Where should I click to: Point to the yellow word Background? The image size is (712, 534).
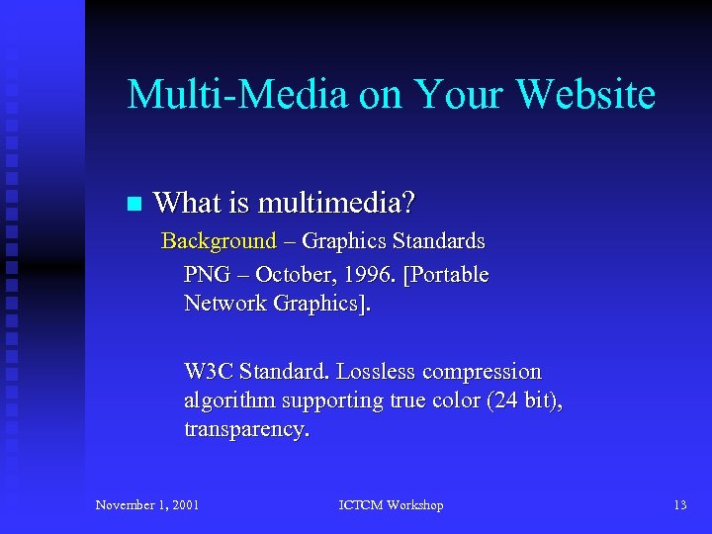point(219,240)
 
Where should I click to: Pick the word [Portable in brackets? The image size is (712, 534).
point(446,274)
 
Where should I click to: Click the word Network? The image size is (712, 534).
point(222,304)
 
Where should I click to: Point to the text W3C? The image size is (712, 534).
point(206,372)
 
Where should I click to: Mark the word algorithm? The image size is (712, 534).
point(229,400)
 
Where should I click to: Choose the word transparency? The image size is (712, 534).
point(246,430)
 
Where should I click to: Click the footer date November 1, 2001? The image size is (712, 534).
point(147,505)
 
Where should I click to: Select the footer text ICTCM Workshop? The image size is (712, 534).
point(391,505)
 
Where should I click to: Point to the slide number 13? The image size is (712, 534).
point(679,505)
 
